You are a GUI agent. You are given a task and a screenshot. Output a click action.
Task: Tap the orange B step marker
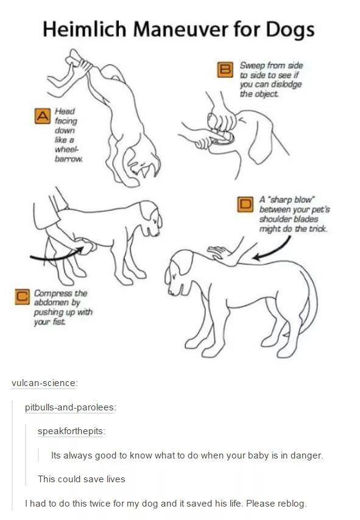pos(225,69)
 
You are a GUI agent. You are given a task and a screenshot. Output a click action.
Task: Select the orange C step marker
pos(22,297)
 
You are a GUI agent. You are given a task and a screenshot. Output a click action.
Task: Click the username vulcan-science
pos(43,383)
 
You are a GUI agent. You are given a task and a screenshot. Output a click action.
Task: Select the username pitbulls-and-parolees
pos(69,407)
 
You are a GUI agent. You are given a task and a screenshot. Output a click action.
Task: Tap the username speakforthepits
pos(71,431)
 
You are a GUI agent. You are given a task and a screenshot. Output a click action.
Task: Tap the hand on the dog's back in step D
pos(221,254)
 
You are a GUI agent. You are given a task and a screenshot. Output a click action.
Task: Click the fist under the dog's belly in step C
pos(87,247)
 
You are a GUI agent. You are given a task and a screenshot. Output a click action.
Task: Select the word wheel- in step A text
pos(66,150)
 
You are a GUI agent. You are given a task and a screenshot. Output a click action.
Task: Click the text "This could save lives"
pos(81,479)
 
